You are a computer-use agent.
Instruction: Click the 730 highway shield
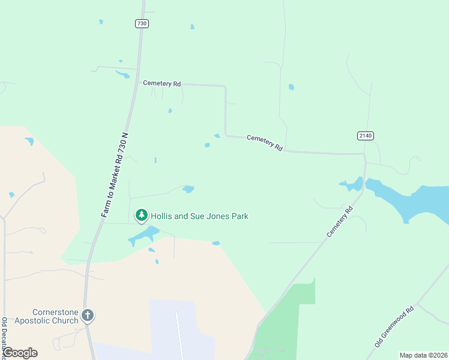(x=142, y=23)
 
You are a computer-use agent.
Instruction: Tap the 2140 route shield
(x=366, y=136)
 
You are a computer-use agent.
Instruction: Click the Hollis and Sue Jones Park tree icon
(x=142, y=215)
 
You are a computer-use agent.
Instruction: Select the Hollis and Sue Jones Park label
(x=199, y=216)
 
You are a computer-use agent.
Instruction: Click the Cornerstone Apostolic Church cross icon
(x=88, y=315)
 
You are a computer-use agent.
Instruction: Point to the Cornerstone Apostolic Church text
(x=47, y=316)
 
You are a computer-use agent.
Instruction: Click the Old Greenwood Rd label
(x=394, y=327)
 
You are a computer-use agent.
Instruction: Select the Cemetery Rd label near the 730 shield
(x=162, y=84)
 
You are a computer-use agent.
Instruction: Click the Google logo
(x=20, y=353)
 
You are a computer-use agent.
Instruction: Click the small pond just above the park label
(x=188, y=189)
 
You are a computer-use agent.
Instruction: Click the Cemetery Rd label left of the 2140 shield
(x=265, y=142)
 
